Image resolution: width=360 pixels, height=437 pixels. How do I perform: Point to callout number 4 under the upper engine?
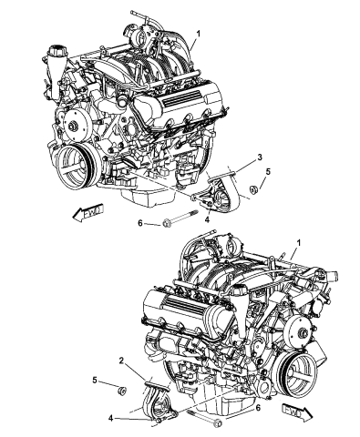[x=208, y=217]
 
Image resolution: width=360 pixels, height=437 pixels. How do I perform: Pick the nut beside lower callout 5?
[x=119, y=391]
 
